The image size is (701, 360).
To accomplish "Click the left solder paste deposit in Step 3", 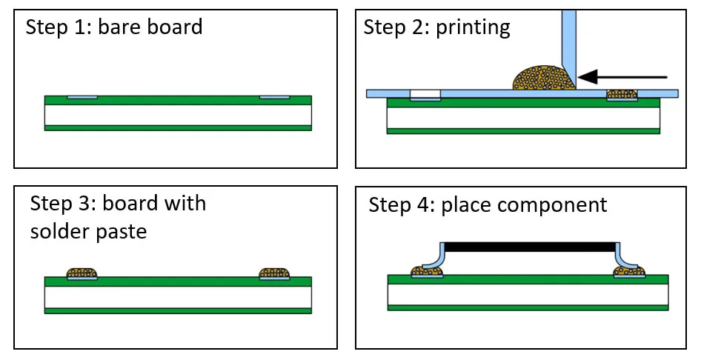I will click(82, 274).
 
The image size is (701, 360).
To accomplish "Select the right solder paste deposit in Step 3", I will click(274, 274).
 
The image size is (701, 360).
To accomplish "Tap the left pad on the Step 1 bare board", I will click(82, 97).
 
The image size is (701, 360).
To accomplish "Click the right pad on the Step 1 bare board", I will click(274, 97).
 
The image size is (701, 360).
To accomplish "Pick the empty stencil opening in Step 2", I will click(425, 93).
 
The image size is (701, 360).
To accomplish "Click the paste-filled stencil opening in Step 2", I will click(622, 94).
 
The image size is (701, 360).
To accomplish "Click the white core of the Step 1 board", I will click(178, 114).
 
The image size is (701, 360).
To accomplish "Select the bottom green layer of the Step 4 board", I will click(528, 307).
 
